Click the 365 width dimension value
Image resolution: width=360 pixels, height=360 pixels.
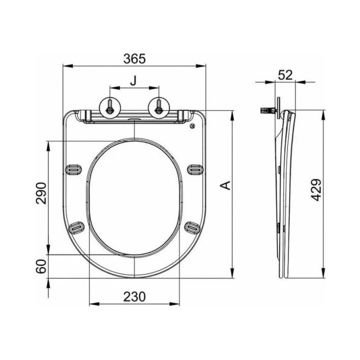tap(135, 58)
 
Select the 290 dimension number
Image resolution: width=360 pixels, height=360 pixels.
tap(41, 195)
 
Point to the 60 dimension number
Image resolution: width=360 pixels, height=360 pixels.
tap(41, 267)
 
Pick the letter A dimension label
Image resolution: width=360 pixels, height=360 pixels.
tap(224, 185)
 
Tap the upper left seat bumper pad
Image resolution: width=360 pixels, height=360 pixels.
tap(74, 168)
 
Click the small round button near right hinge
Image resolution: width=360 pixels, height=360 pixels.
tap(194, 127)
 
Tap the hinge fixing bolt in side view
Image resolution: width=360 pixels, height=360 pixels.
tap(267, 110)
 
